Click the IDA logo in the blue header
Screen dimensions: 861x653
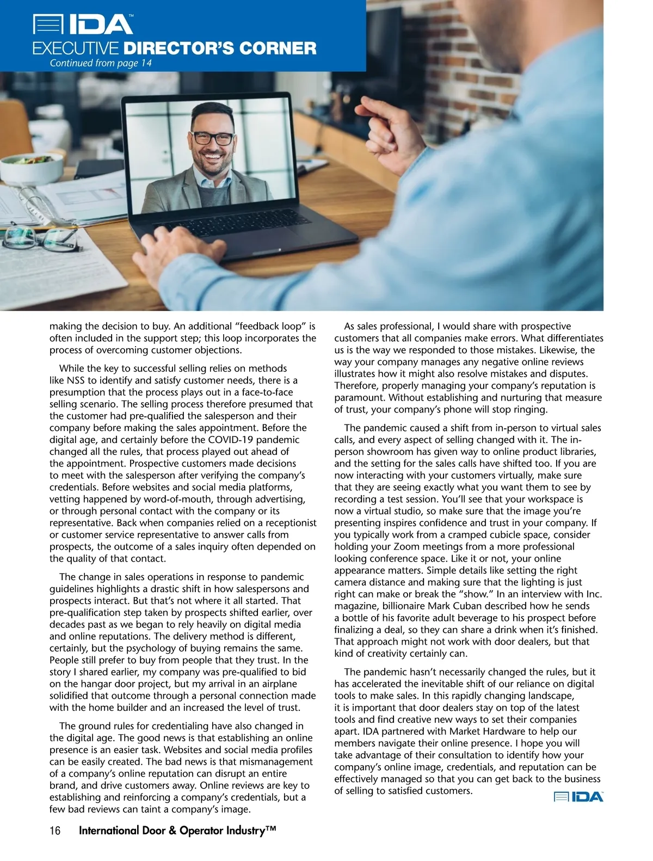point(83,24)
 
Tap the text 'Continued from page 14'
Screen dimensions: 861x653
point(101,63)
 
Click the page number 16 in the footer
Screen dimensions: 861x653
point(55,831)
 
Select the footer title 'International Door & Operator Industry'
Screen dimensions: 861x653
point(177,831)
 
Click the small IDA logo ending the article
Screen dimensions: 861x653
point(578,797)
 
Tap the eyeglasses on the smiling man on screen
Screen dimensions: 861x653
point(212,137)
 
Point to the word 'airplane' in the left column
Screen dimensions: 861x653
point(272,684)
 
